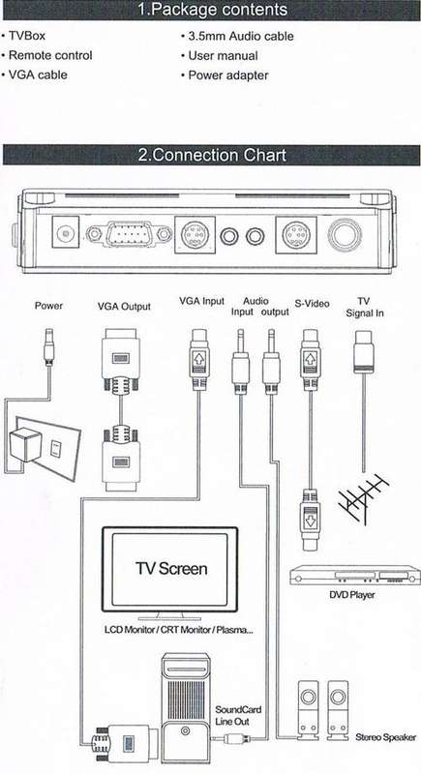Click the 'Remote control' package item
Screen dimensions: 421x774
50,55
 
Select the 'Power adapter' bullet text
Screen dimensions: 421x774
228,75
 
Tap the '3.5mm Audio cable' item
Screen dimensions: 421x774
241,37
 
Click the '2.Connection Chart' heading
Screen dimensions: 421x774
212,155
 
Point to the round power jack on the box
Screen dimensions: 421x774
65,232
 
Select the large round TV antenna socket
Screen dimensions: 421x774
345,234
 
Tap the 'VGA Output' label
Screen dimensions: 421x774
125,307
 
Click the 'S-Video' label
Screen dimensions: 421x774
312,304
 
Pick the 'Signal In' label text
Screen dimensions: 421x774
365,313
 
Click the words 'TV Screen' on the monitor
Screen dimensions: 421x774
171,569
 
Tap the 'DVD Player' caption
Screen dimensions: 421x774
352,595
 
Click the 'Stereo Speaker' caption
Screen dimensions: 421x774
385,737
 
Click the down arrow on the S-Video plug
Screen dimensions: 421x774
311,520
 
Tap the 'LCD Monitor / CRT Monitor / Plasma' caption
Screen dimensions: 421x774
179,630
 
